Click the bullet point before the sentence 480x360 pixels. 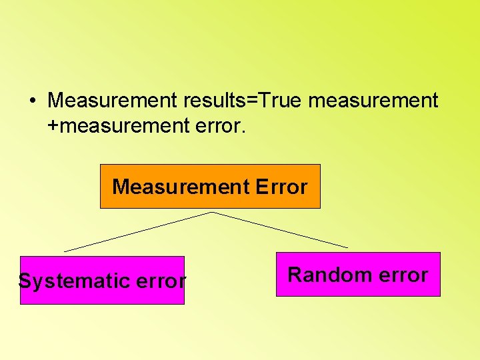(x=32, y=101)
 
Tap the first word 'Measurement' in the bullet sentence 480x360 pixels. (x=110, y=101)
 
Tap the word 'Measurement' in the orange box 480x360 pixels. (x=181, y=187)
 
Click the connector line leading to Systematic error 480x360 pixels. (x=138, y=231)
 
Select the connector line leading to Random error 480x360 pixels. (x=280, y=230)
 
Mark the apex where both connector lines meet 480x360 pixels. (x=211, y=212)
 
